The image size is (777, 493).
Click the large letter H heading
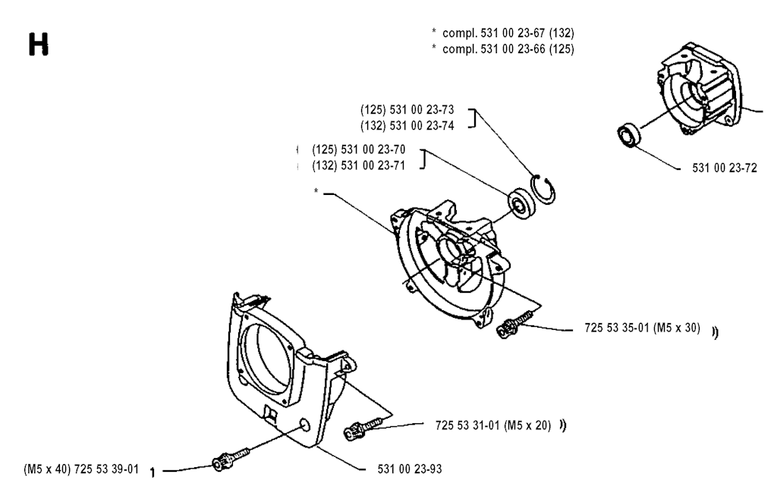tap(39, 45)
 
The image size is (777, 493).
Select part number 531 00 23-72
tap(725, 168)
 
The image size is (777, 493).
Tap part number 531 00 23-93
tap(409, 469)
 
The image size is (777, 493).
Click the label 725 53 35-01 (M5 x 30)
tap(642, 328)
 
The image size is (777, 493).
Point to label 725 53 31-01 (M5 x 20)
tap(493, 425)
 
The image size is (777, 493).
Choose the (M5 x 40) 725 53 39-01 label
tap(81, 469)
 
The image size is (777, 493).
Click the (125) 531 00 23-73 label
tap(407, 109)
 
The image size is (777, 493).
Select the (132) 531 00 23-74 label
tap(407, 126)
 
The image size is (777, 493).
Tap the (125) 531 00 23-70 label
tap(358, 149)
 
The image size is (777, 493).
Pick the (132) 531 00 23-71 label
tap(358, 165)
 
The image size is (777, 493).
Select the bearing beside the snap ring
tap(522, 203)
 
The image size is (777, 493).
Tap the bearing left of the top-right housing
tap(629, 134)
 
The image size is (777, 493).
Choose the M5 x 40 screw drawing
tap(230, 459)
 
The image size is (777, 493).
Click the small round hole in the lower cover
tap(305, 425)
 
